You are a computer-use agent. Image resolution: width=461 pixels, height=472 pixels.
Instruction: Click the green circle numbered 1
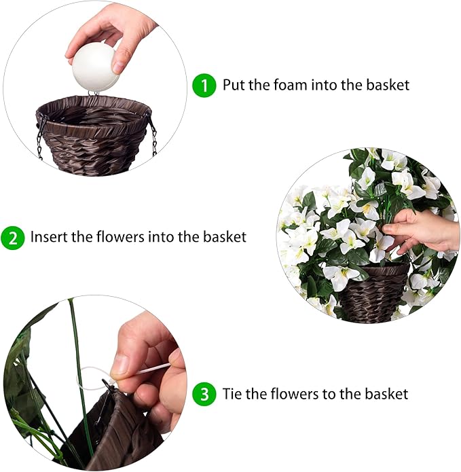(204, 86)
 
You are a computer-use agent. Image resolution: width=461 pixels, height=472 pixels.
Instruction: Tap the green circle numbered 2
(12, 238)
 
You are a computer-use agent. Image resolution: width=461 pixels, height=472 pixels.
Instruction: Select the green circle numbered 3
(204, 395)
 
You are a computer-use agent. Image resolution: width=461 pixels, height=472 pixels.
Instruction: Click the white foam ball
(95, 69)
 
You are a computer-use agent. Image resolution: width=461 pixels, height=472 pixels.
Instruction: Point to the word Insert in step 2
(46, 238)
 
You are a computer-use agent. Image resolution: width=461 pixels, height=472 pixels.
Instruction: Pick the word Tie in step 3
(232, 395)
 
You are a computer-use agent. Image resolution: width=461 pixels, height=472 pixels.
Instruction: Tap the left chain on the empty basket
(40, 136)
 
